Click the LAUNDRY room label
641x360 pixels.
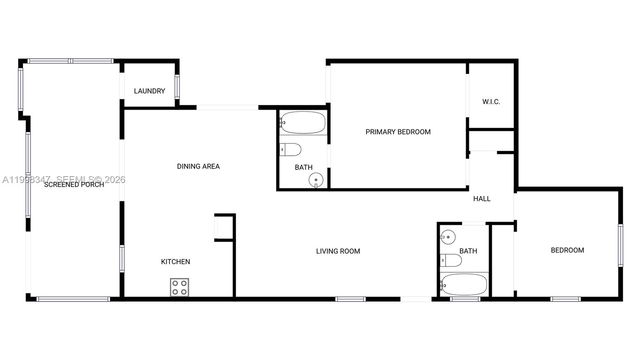coord(149,91)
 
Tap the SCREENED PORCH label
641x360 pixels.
coord(74,185)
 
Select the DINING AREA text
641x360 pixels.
coord(198,166)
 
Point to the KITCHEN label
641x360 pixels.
coord(175,261)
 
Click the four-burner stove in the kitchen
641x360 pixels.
coord(179,287)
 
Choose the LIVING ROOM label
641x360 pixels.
coord(338,251)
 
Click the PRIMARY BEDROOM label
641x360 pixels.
coord(398,132)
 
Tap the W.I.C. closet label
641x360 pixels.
coord(491,102)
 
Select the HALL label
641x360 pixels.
coord(482,199)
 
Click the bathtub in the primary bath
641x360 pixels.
coord(303,122)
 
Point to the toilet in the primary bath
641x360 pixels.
coord(290,150)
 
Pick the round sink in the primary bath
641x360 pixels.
coord(316,180)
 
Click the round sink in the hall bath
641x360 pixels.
coord(448,237)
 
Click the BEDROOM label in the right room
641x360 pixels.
coord(567,250)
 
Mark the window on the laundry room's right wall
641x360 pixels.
coord(177,87)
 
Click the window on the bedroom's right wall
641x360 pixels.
coord(620,245)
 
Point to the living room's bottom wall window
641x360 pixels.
coord(350,299)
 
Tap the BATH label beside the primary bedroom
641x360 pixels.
coord(304,167)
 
